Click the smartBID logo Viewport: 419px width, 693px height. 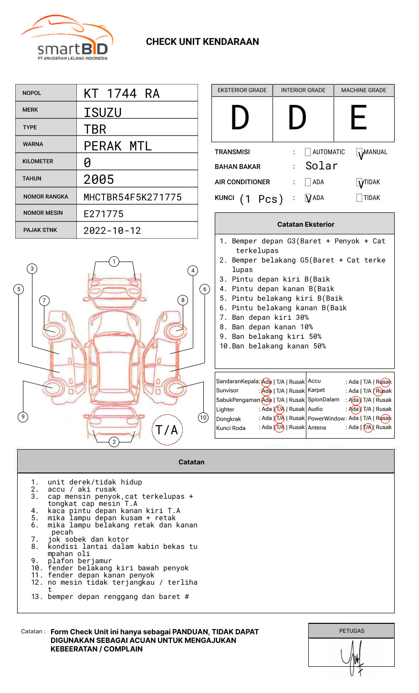click(x=67, y=39)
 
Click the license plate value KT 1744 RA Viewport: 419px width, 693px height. click(x=121, y=94)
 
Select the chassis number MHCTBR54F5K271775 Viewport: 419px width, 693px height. click(x=132, y=197)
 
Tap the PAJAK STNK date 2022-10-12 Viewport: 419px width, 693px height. click(x=112, y=231)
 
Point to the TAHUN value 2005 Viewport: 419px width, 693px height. click(x=99, y=179)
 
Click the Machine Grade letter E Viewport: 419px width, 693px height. click(x=358, y=118)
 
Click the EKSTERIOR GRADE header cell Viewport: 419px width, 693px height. click(x=242, y=90)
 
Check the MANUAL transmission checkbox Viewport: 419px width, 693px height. click(x=360, y=152)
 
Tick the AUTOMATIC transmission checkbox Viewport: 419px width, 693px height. click(x=308, y=152)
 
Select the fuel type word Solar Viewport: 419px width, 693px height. click(x=321, y=166)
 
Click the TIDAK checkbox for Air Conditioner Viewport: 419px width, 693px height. click(x=360, y=182)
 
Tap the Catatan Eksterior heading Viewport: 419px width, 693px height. click(x=305, y=224)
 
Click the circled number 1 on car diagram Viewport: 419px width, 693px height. click(x=114, y=261)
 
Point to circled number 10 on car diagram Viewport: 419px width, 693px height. click(x=203, y=418)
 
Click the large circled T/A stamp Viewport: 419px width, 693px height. click(x=167, y=430)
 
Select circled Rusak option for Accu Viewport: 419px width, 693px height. click(x=384, y=382)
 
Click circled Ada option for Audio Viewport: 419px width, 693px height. click(x=354, y=409)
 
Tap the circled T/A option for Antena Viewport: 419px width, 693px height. click(x=367, y=427)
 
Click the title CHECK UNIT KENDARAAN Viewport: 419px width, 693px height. click(x=202, y=42)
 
